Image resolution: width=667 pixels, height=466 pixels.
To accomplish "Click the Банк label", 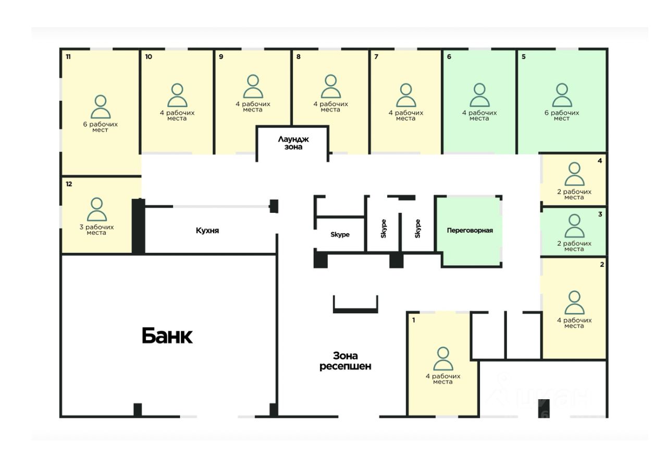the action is click(x=167, y=336).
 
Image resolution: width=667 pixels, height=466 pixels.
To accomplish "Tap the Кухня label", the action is click(x=207, y=230).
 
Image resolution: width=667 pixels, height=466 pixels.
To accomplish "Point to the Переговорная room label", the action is click(x=470, y=230).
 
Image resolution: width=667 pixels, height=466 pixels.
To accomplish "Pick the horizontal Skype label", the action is click(x=340, y=234).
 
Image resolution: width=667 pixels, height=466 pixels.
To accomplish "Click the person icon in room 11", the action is click(x=101, y=107).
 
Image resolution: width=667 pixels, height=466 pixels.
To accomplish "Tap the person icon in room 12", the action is click(x=96, y=210).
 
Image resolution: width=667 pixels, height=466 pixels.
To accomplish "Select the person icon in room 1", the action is click(x=443, y=359).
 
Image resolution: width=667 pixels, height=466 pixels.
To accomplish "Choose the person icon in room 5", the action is click(x=562, y=95).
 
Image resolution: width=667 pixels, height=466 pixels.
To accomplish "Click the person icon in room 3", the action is click(x=574, y=226).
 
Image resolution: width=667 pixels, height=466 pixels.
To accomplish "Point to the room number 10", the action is click(x=149, y=56).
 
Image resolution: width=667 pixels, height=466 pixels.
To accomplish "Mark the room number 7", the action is click(x=376, y=56).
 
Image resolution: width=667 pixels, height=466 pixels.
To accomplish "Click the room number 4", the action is click(x=600, y=161).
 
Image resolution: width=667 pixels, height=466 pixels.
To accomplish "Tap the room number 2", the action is click(x=602, y=265).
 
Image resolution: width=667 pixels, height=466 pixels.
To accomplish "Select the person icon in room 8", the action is click(x=330, y=87).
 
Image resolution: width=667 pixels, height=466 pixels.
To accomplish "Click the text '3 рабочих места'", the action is click(x=96, y=230).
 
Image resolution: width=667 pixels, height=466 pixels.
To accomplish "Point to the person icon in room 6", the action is click(x=479, y=95).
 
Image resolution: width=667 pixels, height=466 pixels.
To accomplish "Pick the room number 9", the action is click(x=221, y=56).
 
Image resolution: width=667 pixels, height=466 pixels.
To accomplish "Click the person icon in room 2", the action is click(x=574, y=303).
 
